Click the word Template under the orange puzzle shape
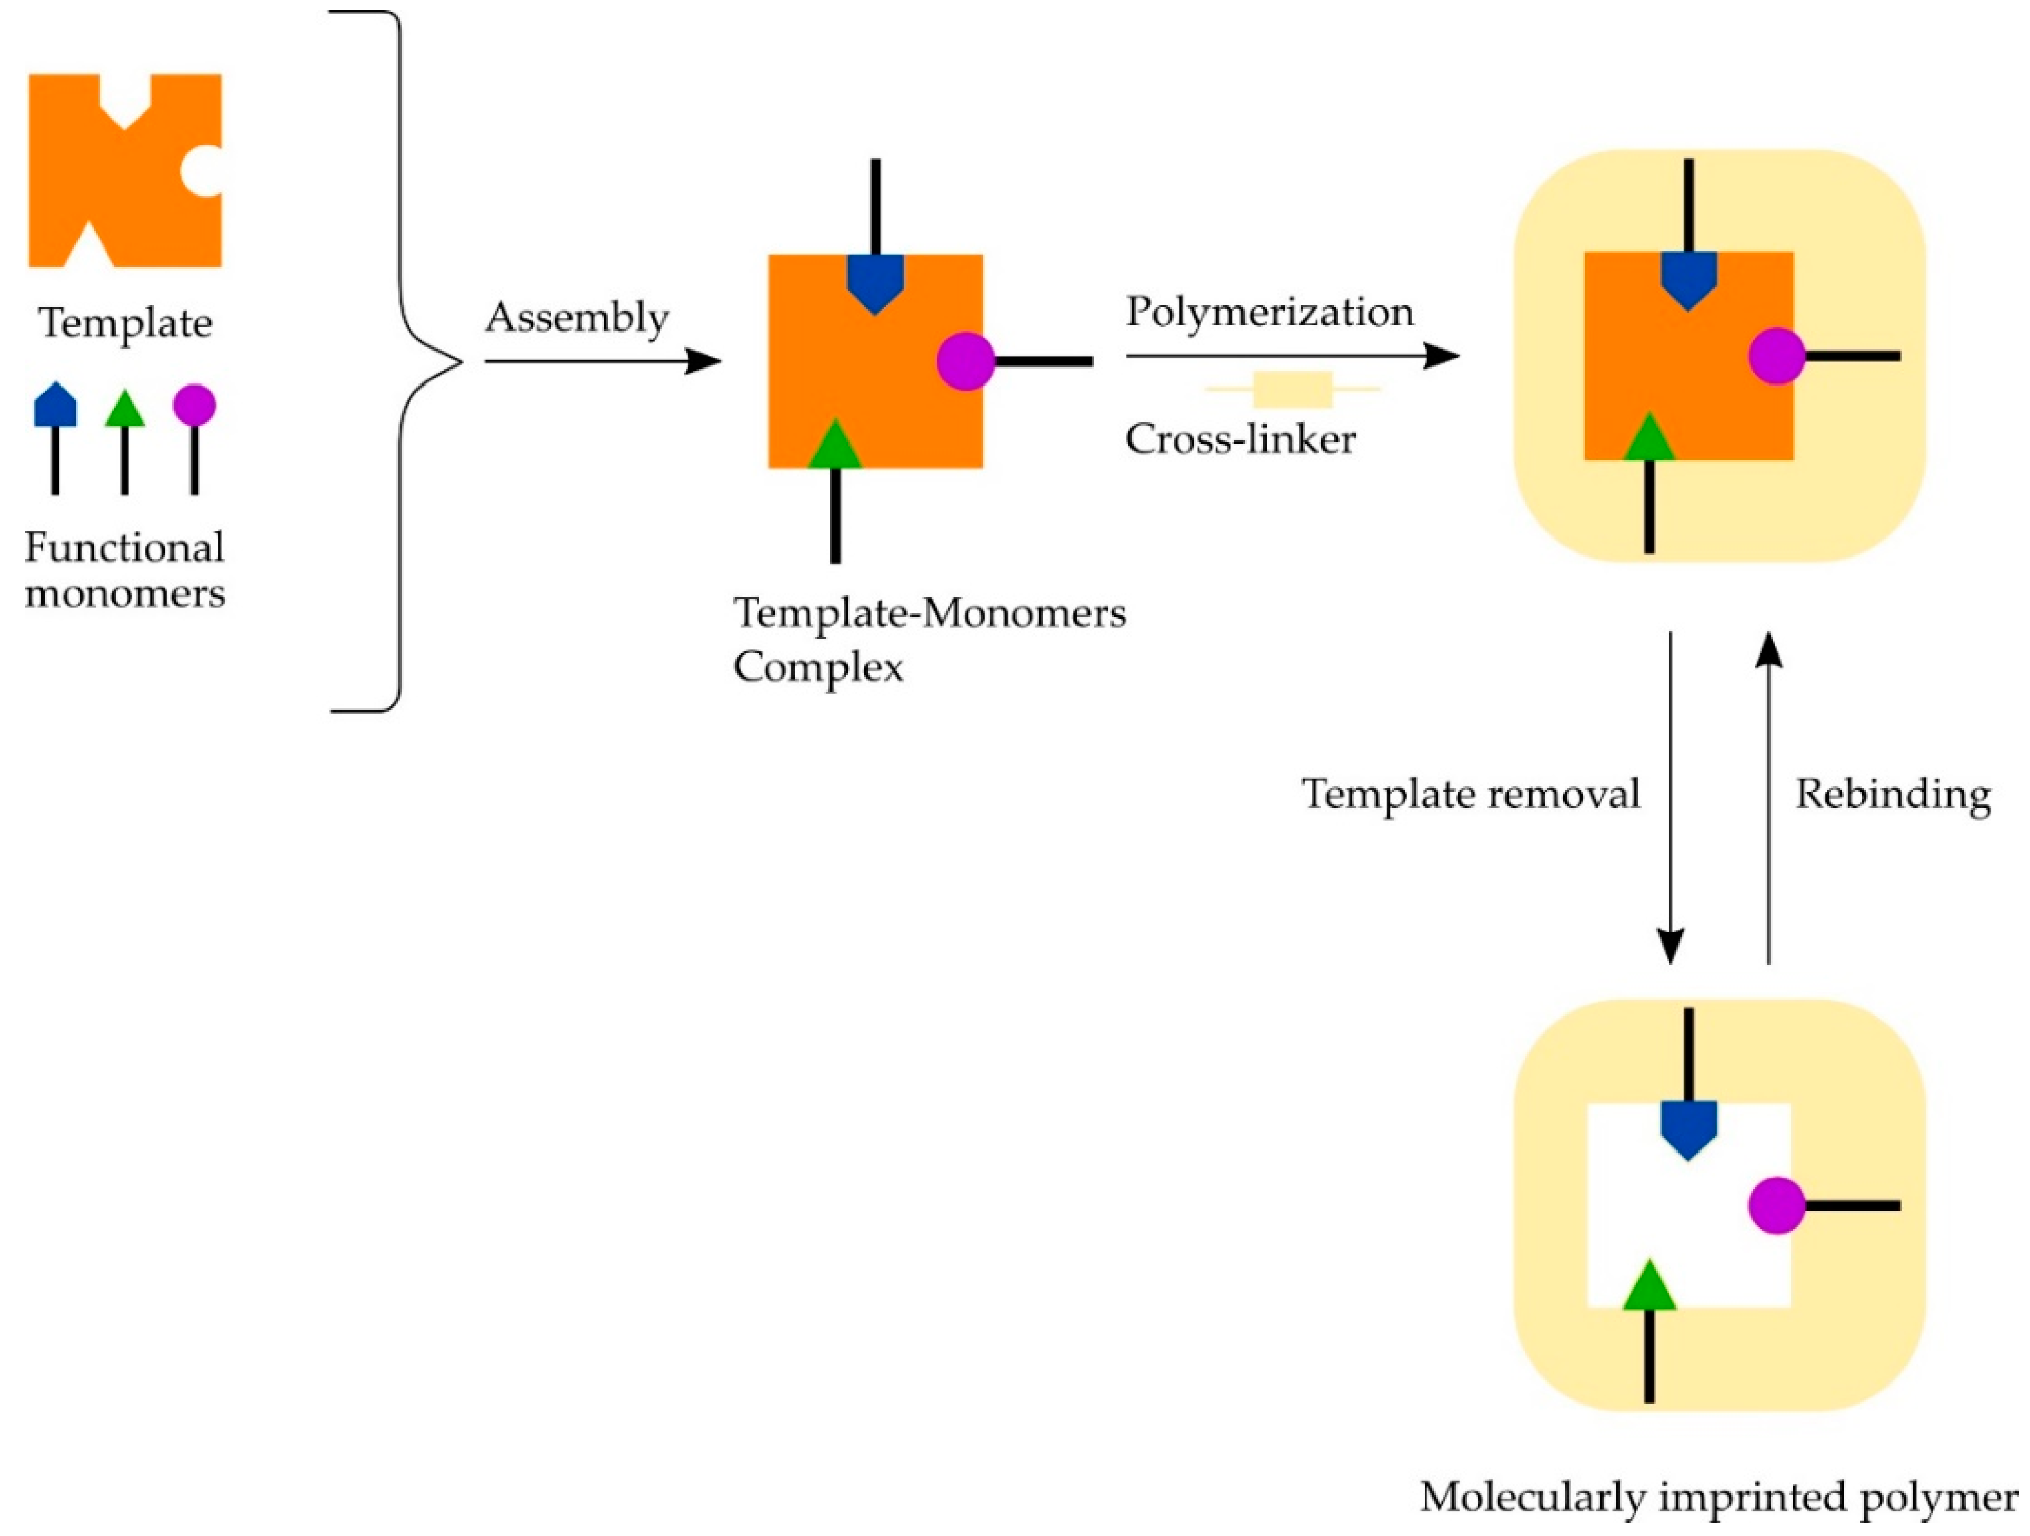tap(126, 323)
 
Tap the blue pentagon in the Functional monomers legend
tap(55, 406)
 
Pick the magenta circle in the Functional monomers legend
tap(195, 405)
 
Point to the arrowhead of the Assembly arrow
tap(707, 361)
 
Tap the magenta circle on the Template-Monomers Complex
tap(965, 361)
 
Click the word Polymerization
tap(1270, 312)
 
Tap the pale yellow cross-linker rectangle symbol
tap(1292, 389)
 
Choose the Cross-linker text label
tap(1240, 438)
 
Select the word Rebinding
tap(1893, 794)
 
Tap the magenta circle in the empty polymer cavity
tap(1777, 1205)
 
